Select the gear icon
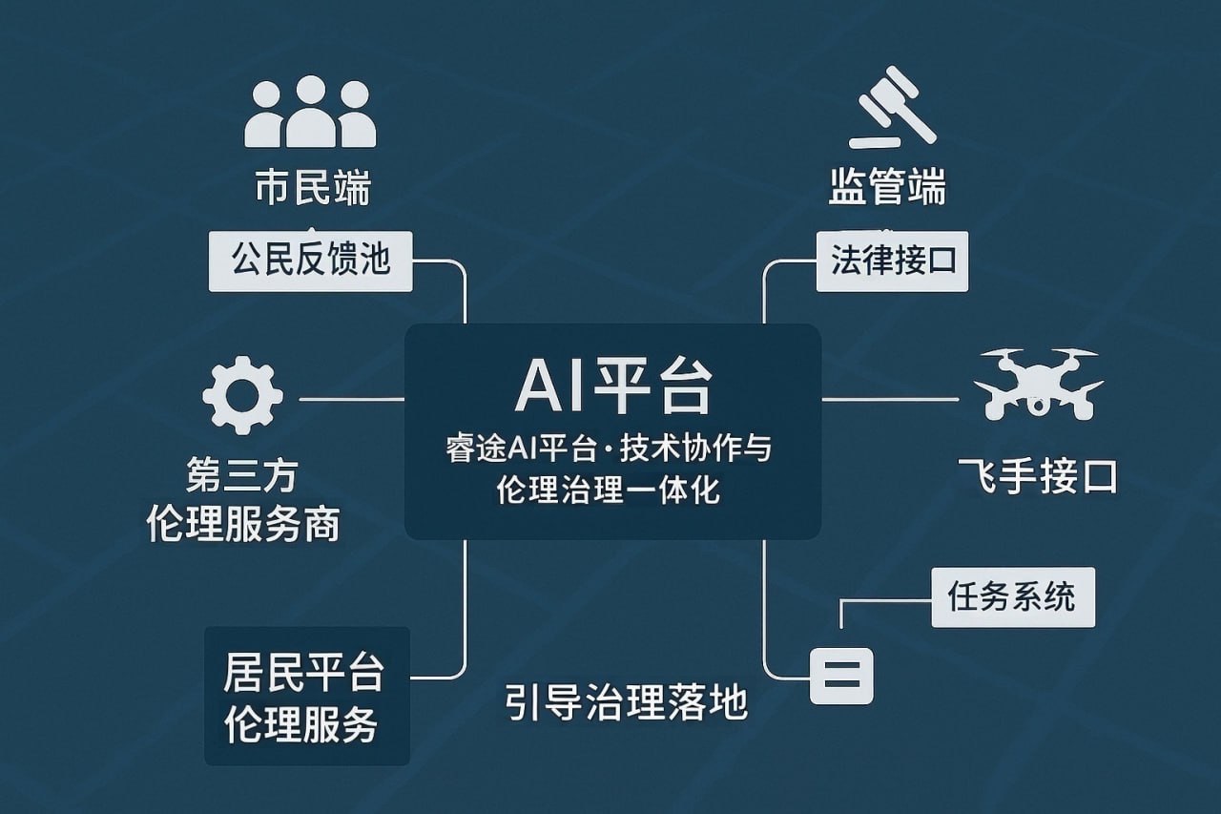pyautogui.click(x=242, y=396)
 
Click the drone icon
pyautogui.click(x=1038, y=384)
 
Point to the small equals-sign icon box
pyautogui.click(x=841, y=676)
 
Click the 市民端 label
pyautogui.click(x=312, y=188)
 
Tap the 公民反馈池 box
pyautogui.click(x=311, y=261)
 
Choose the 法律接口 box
pyautogui.click(x=892, y=261)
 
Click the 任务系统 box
pyautogui.click(x=1012, y=597)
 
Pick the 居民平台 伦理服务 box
pyautogui.click(x=307, y=696)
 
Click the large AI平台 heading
pyautogui.click(x=613, y=387)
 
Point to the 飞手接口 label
pyautogui.click(x=1037, y=476)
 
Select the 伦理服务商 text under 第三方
pyautogui.click(x=243, y=523)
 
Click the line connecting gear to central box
pyautogui.click(x=351, y=399)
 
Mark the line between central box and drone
pyautogui.click(x=889, y=399)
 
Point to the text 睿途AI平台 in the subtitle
pyautogui.click(x=506, y=449)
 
